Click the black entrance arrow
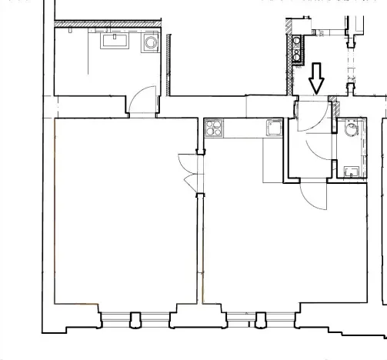316,77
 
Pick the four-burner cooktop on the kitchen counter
214,128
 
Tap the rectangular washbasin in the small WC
352,171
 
